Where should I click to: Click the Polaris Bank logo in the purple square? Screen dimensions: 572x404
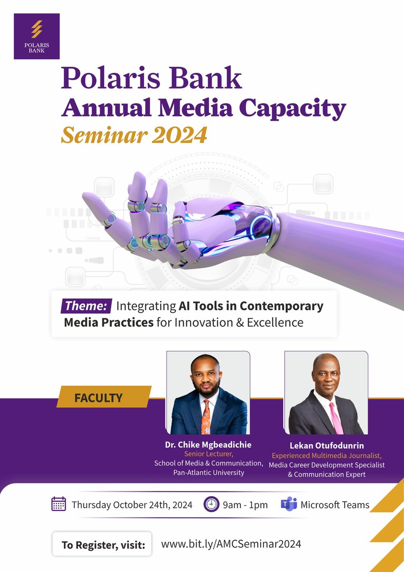pos(37,36)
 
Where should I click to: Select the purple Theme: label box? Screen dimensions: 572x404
pos(86,306)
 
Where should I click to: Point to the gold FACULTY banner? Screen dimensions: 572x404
pos(103,397)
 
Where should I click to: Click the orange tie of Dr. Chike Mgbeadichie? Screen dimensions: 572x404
pos(206,415)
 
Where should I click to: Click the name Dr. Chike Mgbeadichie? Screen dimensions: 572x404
pos(208,445)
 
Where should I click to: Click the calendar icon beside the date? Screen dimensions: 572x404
pos(59,504)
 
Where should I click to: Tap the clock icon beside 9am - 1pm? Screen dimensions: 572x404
pos(211,504)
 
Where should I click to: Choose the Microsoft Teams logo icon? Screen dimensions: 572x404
pos(289,504)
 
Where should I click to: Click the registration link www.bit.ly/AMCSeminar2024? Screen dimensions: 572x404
pos(231,544)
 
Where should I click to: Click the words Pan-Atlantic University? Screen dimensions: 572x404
pos(209,473)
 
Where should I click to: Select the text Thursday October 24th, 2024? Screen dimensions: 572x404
pos(132,505)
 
